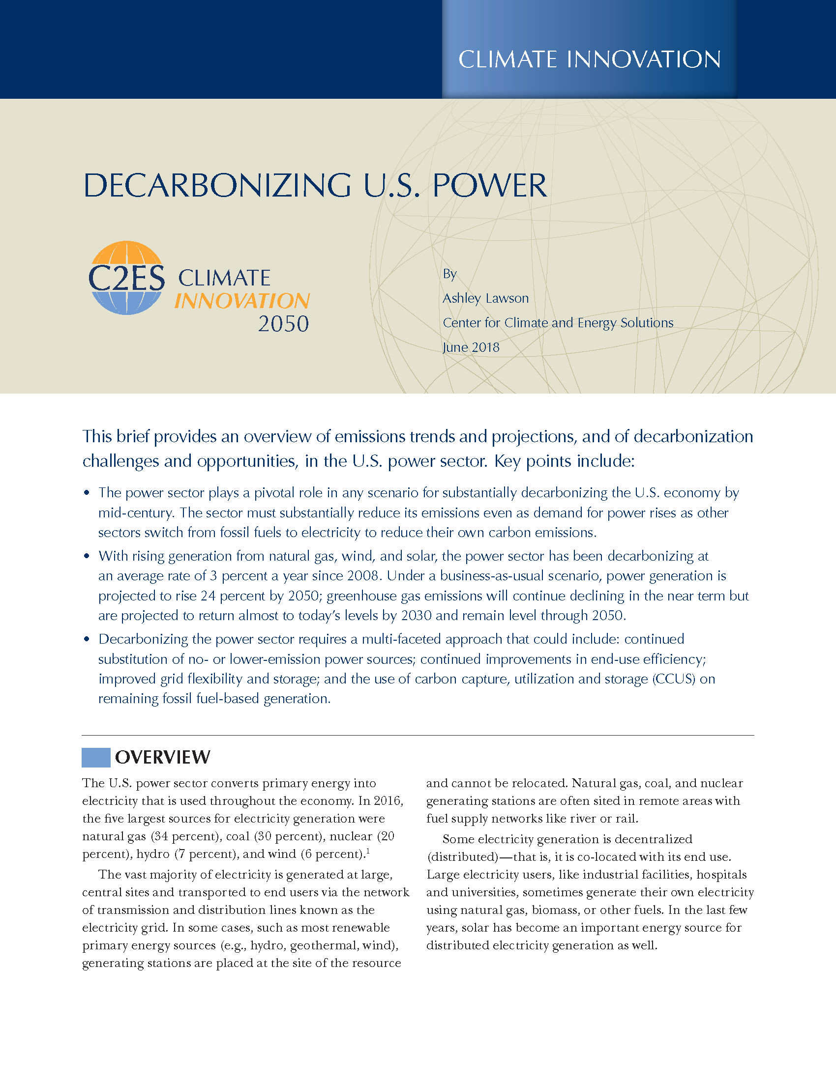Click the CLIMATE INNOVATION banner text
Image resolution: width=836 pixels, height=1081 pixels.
tap(589, 59)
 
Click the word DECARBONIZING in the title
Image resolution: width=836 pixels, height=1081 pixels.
tap(217, 186)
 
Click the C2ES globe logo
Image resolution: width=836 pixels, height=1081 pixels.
tap(126, 278)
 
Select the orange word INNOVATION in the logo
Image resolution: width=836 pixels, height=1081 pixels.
tap(241, 301)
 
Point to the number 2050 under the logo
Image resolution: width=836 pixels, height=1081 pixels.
tap(283, 324)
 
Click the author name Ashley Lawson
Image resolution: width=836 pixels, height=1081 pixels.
tap(485, 298)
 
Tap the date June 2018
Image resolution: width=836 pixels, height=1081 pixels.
tap(471, 347)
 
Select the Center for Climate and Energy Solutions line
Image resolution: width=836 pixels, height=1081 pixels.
tap(558, 323)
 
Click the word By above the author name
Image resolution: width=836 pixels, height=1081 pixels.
tap(449, 274)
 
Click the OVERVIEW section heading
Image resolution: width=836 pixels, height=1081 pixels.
tap(162, 757)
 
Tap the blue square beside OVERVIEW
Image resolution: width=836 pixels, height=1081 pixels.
tap(95, 757)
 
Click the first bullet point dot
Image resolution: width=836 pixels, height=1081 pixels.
tap(87, 492)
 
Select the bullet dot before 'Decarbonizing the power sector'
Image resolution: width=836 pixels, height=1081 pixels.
tap(87, 639)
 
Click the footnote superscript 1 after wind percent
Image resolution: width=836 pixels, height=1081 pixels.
tap(368, 851)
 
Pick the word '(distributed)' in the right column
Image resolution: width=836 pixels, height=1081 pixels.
tap(463, 857)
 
